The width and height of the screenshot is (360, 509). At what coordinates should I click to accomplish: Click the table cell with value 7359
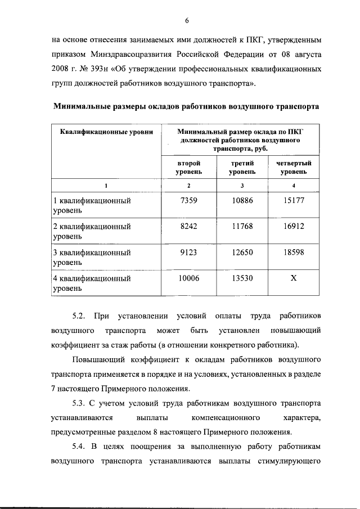(x=189, y=201)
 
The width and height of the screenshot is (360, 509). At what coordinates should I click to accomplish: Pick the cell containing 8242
(x=189, y=227)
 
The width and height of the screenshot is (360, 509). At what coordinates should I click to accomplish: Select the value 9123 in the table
(x=189, y=253)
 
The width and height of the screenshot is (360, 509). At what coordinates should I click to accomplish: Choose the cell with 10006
(x=189, y=278)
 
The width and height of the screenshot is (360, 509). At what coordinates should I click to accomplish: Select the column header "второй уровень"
(x=189, y=167)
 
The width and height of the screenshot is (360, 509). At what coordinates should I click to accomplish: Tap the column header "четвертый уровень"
(x=294, y=167)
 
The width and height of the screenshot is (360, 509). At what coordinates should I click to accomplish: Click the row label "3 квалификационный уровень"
(x=92, y=257)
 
